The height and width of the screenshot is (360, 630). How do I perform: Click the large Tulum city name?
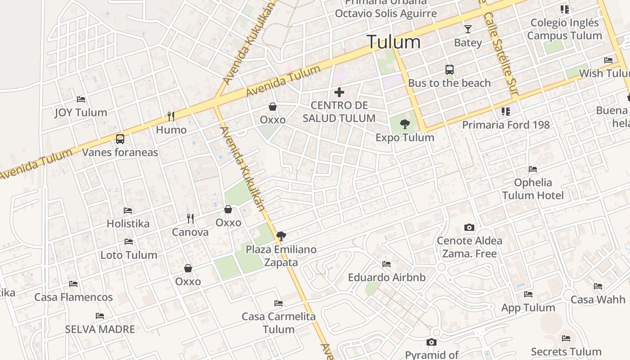pos(394,42)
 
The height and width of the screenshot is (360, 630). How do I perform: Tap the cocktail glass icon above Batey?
pos(468,29)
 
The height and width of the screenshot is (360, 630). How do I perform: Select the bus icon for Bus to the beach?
pos(450,70)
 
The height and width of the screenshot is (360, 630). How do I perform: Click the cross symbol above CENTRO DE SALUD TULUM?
pos(339,93)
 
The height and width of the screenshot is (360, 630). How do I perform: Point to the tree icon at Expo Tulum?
pos(405,124)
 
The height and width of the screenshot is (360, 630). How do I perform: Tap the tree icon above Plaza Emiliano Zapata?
pos(281,236)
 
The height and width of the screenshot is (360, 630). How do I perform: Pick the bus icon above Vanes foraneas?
pos(120,139)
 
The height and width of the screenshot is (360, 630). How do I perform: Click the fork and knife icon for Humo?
pos(171,117)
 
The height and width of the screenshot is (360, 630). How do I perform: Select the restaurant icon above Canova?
pos(190,219)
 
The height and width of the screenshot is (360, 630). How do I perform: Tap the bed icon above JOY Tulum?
pos(81,99)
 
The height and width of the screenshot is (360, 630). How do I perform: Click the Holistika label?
pos(128,224)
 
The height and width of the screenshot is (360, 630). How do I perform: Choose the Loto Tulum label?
pos(129,255)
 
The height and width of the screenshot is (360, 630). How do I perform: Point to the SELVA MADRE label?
pos(100,329)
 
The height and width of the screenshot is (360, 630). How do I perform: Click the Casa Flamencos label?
pos(73,297)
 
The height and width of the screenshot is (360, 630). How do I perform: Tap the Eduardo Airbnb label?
pos(387,277)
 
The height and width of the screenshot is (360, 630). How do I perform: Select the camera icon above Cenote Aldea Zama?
pos(469,228)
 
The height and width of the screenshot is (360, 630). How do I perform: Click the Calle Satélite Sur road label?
pos(500,49)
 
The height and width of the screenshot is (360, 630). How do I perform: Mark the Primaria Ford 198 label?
pos(506,125)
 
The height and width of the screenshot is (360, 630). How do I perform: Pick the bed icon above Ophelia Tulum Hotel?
pos(533,170)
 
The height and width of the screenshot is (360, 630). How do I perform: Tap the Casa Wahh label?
pos(598,300)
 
